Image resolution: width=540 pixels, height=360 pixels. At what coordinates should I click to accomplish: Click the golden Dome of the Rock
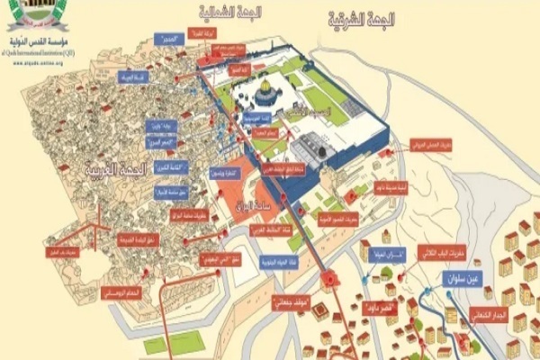pyautogui.click(x=265, y=92)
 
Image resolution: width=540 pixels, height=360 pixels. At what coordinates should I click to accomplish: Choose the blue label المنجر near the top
pyautogui.click(x=164, y=40)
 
